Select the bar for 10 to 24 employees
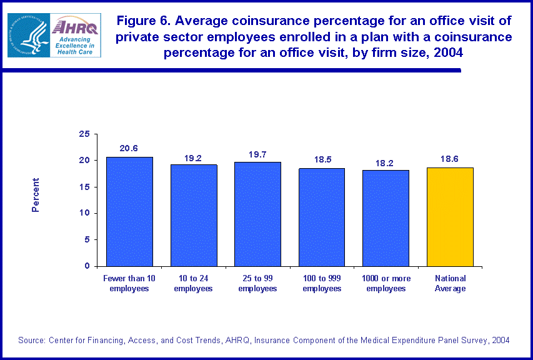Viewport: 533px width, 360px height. click(x=194, y=215)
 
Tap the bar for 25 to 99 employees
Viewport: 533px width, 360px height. click(x=257, y=214)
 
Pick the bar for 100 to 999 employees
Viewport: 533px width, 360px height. click(x=322, y=217)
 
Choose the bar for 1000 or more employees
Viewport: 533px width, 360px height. click(x=386, y=217)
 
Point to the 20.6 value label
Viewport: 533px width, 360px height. click(x=129, y=148)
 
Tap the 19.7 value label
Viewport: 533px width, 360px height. click(x=257, y=154)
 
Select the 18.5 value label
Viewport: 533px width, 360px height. click(x=322, y=160)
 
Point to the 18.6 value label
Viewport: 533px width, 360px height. click(x=450, y=159)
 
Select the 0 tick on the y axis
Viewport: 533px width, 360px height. click(x=86, y=266)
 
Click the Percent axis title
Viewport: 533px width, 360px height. click(x=36, y=195)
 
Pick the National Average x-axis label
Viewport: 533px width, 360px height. click(x=450, y=283)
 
